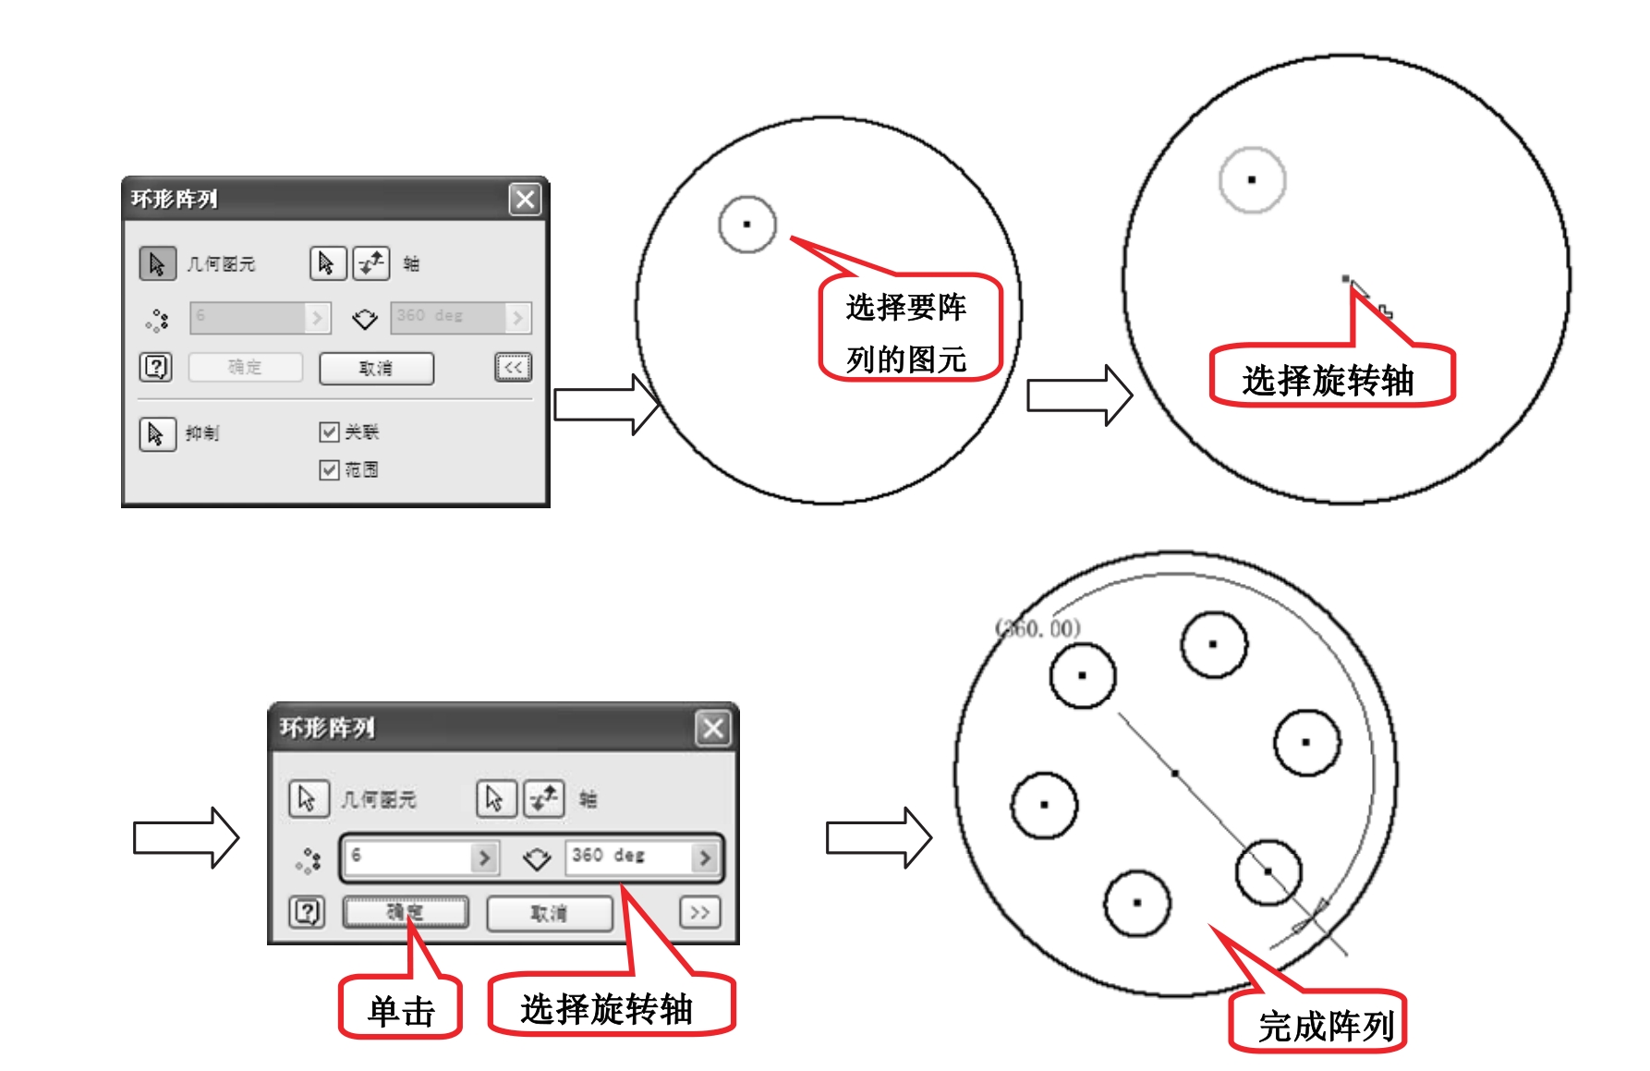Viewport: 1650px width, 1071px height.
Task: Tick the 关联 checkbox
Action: pyautogui.click(x=329, y=432)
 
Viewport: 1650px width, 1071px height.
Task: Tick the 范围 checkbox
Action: pyautogui.click(x=329, y=469)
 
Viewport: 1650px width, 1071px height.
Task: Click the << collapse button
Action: pyautogui.click(x=513, y=367)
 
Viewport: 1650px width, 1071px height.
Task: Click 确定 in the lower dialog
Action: pyautogui.click(x=405, y=913)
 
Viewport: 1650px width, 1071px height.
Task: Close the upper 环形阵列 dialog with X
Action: pyautogui.click(x=525, y=199)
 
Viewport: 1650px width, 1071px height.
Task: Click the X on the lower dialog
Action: pyautogui.click(x=713, y=728)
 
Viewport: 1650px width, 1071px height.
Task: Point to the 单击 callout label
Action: pyautogui.click(x=401, y=1010)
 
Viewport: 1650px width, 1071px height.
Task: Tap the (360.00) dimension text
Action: pyautogui.click(x=1037, y=628)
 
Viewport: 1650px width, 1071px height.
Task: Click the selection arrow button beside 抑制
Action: pyautogui.click(x=156, y=433)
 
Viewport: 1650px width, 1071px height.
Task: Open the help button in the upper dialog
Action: pyautogui.click(x=156, y=367)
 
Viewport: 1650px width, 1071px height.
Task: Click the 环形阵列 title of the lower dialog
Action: pyautogui.click(x=327, y=728)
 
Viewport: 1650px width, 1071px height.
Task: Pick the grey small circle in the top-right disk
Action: pyautogui.click(x=1252, y=179)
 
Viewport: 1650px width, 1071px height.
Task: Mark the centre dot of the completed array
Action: pyautogui.click(x=1175, y=773)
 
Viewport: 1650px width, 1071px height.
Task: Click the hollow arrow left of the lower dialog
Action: pyautogui.click(x=186, y=837)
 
